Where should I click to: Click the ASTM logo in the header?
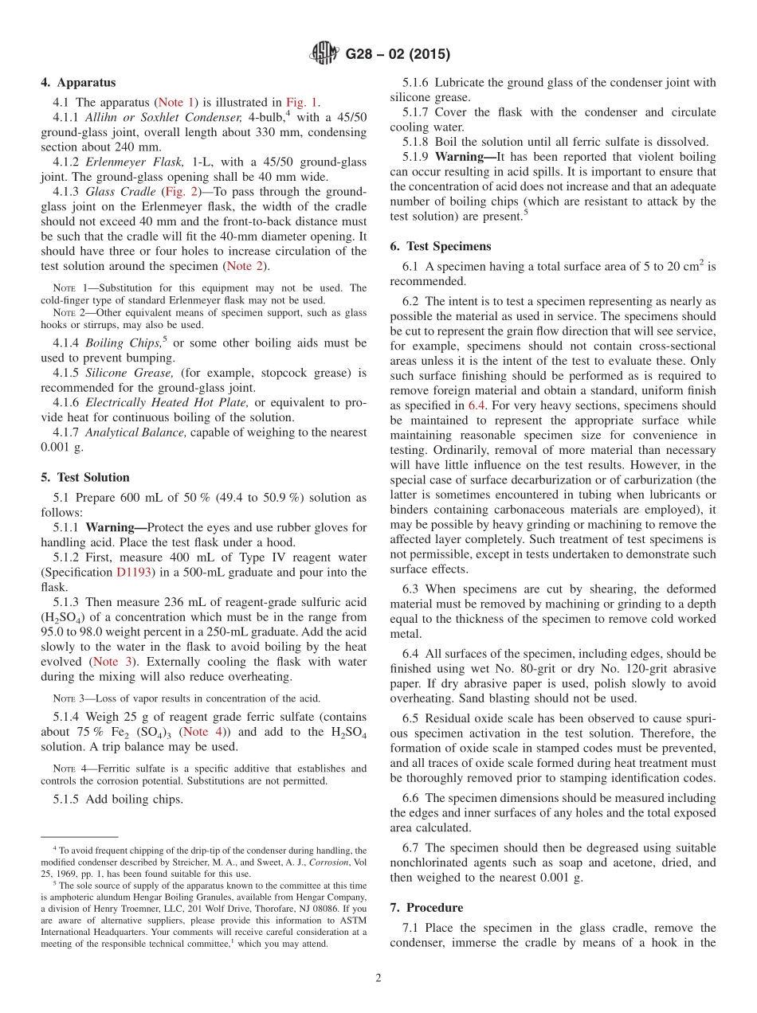[324, 54]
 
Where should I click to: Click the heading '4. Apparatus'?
[78, 82]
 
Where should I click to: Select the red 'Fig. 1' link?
[302, 102]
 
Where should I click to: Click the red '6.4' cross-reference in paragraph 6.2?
[477, 405]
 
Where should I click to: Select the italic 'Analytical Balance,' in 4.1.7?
[135, 432]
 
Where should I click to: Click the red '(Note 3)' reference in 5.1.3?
[112, 661]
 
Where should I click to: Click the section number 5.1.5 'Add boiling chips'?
[69, 800]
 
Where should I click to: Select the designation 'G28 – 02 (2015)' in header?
[398, 54]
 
